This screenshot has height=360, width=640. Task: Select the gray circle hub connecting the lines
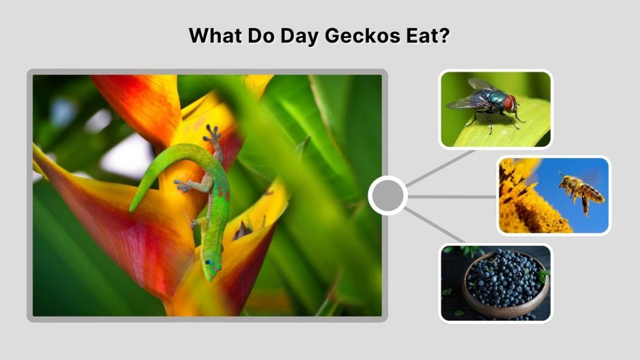[387, 196]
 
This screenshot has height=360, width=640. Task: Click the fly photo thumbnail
[496, 109]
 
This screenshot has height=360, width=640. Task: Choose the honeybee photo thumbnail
[554, 196]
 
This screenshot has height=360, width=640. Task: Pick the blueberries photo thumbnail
[496, 283]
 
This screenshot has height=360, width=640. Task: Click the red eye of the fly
[509, 102]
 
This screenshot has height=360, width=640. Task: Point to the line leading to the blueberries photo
[435, 225]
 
